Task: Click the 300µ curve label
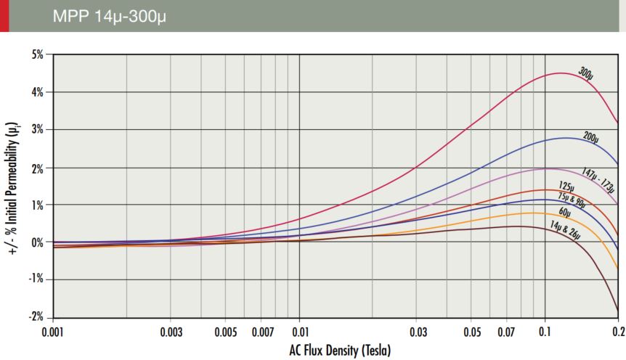[587, 73]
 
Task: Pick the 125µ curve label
[567, 187]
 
